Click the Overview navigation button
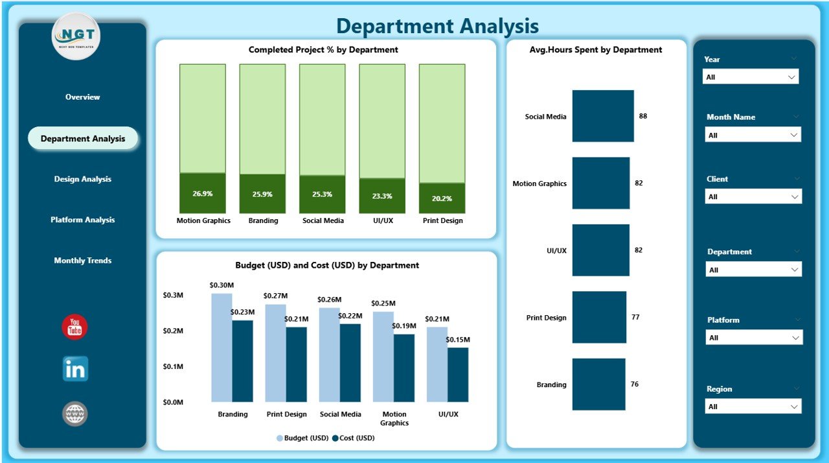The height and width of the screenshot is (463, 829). [82, 97]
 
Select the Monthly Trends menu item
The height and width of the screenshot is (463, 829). [82, 261]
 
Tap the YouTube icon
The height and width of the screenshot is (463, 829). [74, 327]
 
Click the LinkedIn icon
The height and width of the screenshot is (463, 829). [75, 369]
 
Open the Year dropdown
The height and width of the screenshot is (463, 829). [751, 77]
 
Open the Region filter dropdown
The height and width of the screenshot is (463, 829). [753, 407]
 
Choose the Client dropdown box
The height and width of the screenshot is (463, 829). [753, 196]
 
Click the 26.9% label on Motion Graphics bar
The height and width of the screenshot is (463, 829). [203, 194]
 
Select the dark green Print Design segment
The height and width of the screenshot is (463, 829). [442, 198]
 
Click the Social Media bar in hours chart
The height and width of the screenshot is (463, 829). [602, 116]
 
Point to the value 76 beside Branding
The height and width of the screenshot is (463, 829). [635, 385]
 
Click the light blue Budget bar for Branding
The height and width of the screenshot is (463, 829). [221, 347]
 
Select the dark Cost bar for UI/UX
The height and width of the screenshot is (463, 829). [457, 374]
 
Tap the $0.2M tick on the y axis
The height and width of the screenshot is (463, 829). [173, 331]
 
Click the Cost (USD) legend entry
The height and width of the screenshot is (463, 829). [353, 438]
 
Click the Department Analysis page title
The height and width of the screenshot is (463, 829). [437, 26]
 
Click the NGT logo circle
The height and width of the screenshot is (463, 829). [76, 36]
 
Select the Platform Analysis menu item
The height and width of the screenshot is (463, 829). [82, 220]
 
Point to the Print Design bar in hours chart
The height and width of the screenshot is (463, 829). [599, 317]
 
